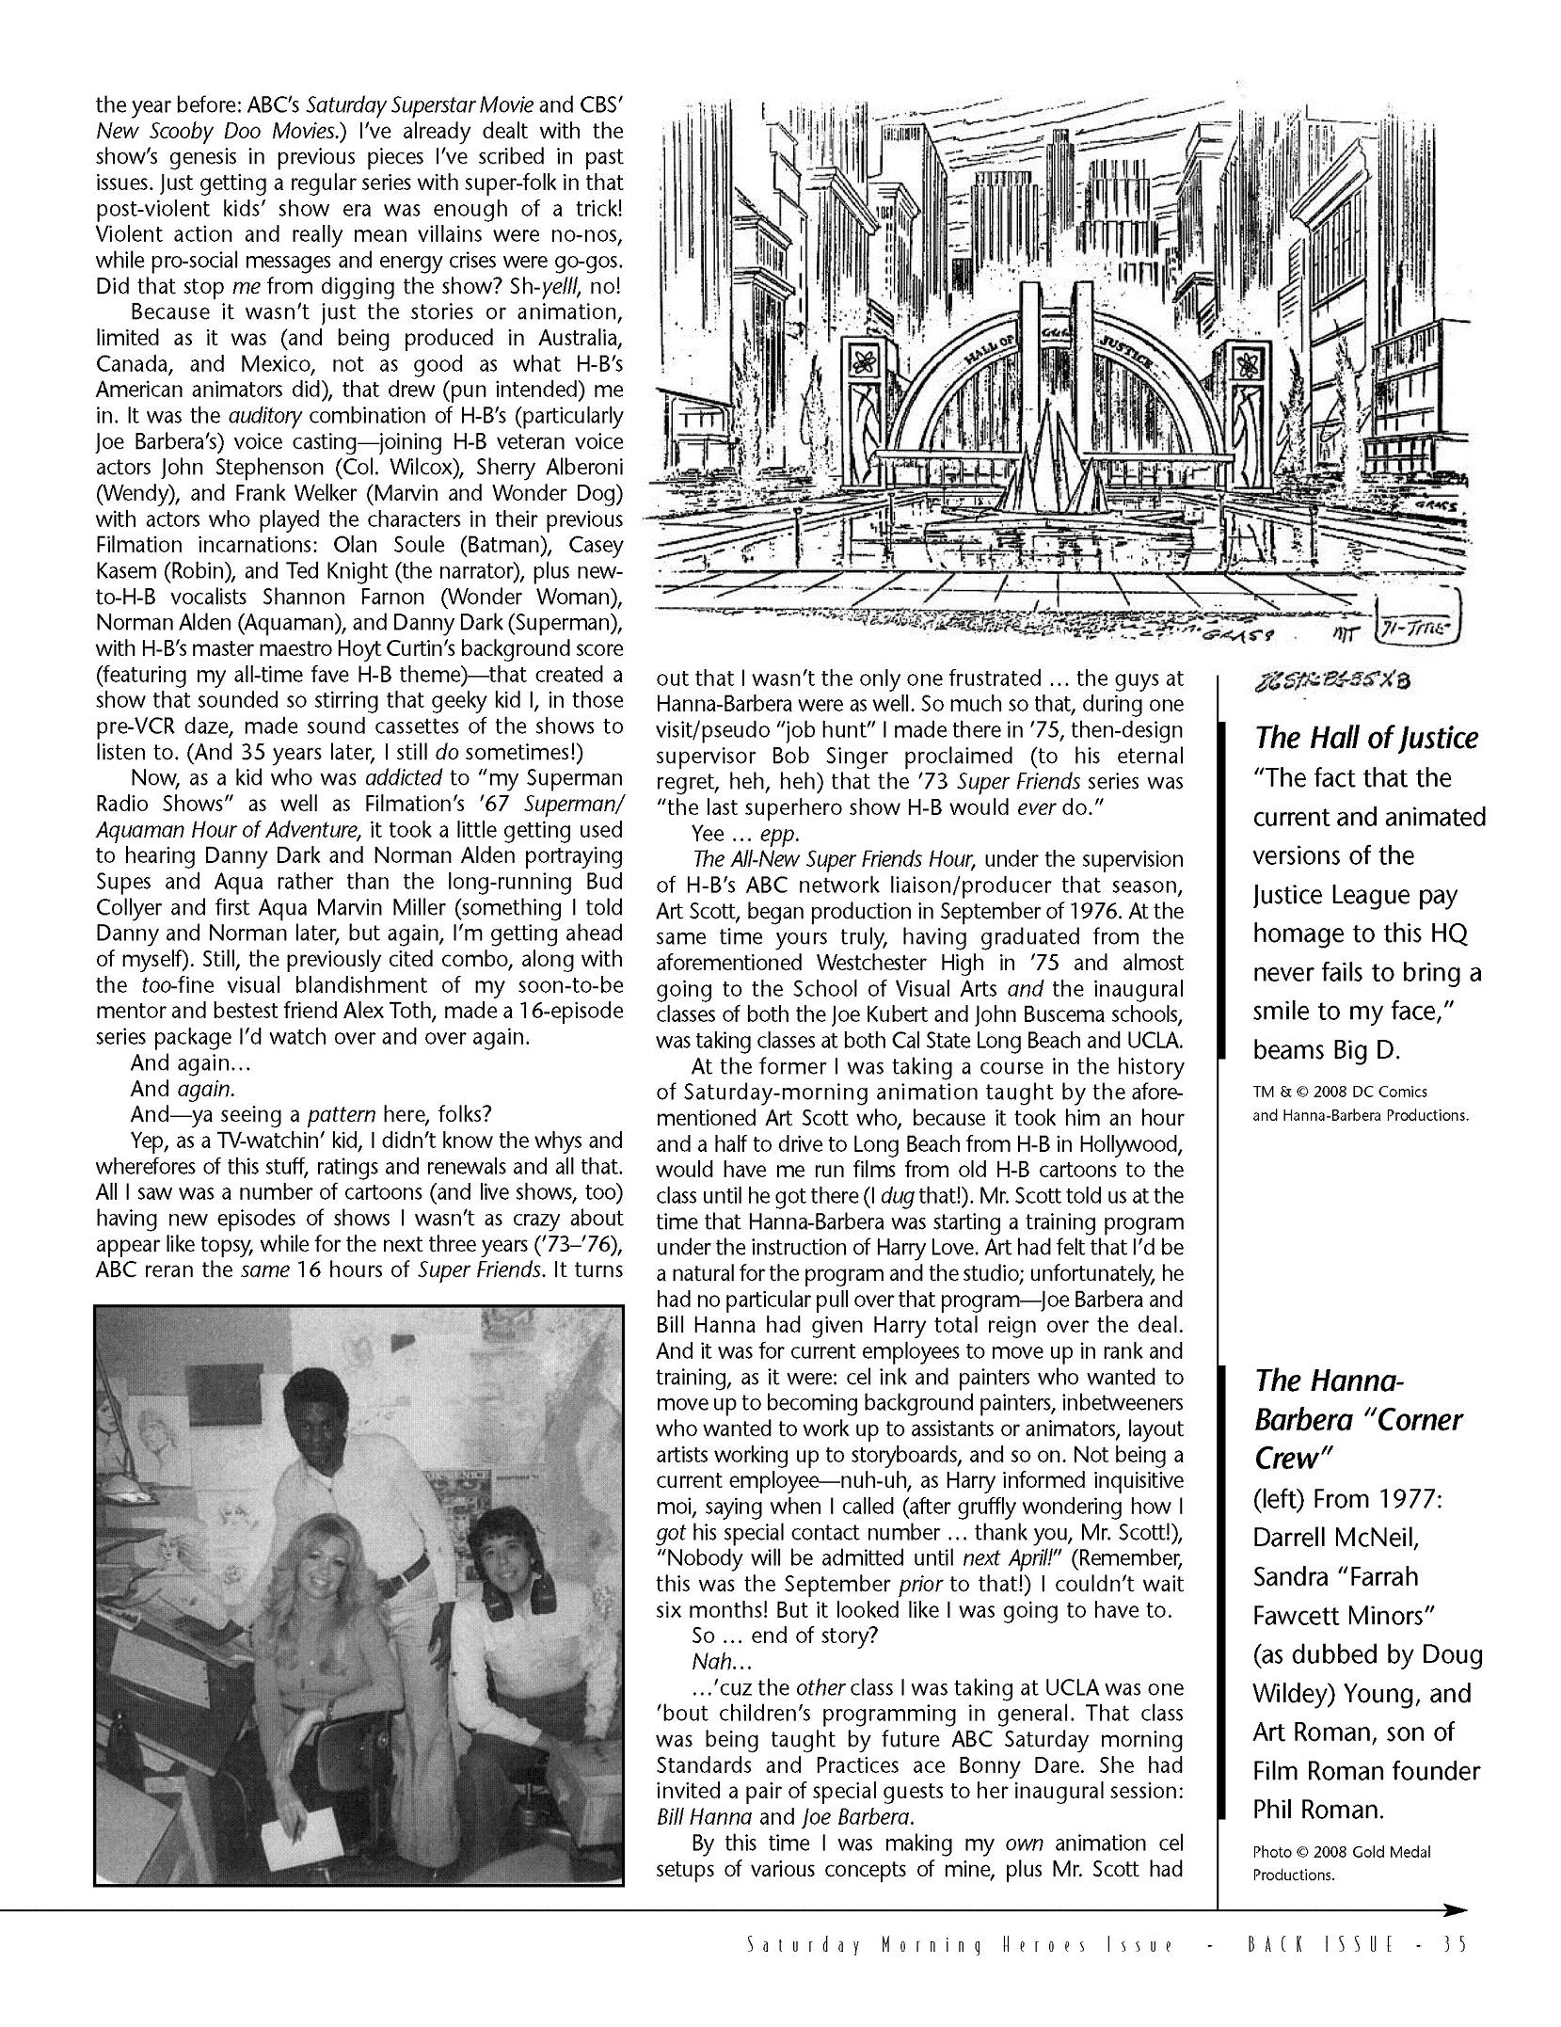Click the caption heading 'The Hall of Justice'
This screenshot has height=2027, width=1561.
click(x=1364, y=738)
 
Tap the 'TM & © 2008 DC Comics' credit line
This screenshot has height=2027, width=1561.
click(x=1340, y=1092)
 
